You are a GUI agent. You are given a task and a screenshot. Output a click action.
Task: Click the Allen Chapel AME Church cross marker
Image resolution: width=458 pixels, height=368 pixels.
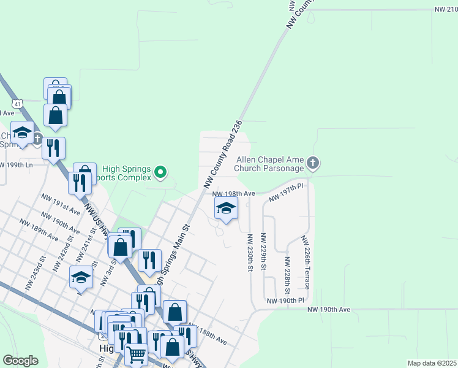[313, 163]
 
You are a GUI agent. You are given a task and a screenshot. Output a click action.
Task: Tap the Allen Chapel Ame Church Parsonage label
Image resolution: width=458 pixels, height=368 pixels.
[270, 164]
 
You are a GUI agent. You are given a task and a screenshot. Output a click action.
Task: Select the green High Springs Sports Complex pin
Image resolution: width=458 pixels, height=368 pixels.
[160, 172]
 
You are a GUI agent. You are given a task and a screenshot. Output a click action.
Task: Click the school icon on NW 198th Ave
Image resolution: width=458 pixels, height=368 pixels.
[226, 209]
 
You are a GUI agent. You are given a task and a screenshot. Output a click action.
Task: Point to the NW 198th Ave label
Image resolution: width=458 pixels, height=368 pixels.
[233, 193]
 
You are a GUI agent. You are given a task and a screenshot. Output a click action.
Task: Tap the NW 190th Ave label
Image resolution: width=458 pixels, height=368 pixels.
[329, 310]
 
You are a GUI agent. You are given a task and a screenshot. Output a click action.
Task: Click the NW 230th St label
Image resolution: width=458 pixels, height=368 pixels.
[250, 253]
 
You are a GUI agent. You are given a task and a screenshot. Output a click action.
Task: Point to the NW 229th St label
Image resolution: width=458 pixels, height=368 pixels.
[263, 253]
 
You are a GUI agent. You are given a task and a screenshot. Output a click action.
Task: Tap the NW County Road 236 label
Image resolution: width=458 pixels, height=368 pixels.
[223, 154]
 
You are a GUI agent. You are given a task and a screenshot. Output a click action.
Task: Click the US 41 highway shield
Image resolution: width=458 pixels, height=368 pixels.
[18, 104]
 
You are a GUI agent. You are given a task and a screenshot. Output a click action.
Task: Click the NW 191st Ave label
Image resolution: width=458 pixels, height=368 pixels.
[61, 204]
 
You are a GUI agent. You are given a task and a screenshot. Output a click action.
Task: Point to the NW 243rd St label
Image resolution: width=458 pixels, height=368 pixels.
[36, 276]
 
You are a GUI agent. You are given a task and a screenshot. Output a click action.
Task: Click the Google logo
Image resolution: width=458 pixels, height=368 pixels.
[20, 361]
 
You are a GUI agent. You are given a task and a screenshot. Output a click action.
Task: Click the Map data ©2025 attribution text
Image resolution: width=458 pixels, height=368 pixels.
[432, 363]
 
